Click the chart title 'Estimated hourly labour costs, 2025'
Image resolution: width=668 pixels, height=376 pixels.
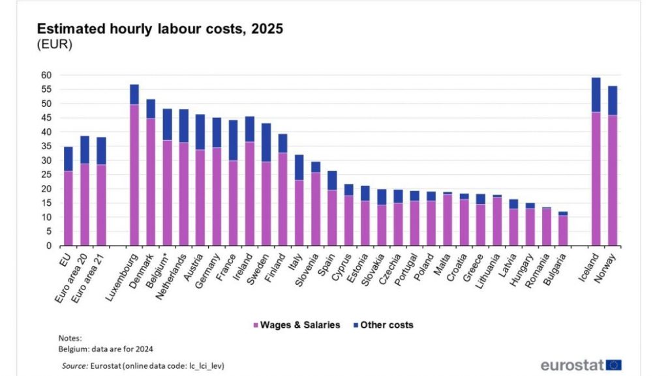pos(160,29)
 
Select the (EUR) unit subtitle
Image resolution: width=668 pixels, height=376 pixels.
pos(54,45)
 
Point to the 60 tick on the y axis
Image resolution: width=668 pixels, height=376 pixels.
pos(46,75)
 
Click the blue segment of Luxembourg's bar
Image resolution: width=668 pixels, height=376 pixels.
pos(134,94)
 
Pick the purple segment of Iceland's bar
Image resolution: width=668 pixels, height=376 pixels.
pos(595,179)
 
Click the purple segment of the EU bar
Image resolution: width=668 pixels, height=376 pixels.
pos(68,208)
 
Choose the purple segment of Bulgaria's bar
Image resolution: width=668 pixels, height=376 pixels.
pos(562,230)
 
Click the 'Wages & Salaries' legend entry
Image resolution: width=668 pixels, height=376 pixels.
pos(296,325)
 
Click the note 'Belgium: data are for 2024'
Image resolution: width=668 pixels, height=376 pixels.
pos(106,349)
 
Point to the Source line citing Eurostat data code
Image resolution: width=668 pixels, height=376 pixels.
pos(143,366)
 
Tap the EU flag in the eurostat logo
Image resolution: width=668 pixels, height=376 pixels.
pos(613,365)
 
